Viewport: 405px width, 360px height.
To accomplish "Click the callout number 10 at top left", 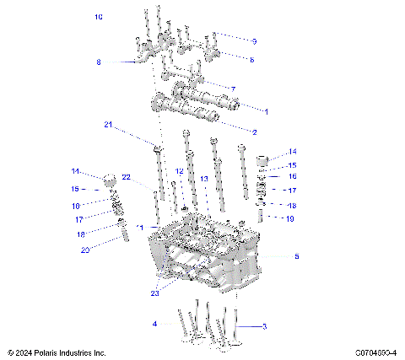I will point(99,17).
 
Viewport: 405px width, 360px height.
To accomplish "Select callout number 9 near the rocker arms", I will point(254,40).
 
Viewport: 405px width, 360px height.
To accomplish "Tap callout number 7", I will point(233,89).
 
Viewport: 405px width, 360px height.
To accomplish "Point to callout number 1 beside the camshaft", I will point(267,111).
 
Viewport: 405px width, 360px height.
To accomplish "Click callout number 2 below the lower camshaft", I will point(255,132).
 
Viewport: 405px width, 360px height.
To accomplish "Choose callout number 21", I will point(108,125).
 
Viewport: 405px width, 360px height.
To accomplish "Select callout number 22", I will point(126,177).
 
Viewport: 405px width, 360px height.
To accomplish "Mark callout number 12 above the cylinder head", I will point(179,171).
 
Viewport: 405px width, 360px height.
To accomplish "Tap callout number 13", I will point(203,179).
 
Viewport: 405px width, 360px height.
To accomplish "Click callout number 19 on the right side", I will point(289,218).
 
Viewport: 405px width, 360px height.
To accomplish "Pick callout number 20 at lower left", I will point(84,249).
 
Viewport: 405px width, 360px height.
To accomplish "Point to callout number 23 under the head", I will point(154,293).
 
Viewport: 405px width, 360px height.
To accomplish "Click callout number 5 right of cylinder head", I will point(295,255).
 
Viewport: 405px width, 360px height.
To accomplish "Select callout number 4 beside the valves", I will point(154,324).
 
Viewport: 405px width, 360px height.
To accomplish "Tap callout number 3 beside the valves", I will point(264,325).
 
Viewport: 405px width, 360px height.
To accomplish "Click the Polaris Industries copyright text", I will point(56,352).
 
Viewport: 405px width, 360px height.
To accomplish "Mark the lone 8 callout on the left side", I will point(98,62).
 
